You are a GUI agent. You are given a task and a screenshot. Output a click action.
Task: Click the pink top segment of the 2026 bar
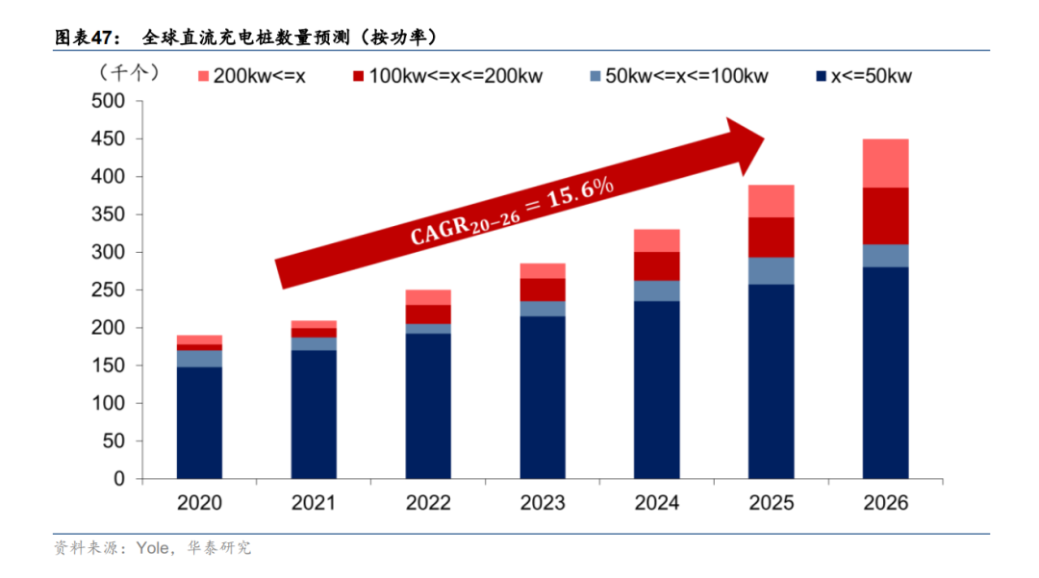pos(885,163)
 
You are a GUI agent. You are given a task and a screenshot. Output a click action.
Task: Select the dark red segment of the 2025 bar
pos(771,237)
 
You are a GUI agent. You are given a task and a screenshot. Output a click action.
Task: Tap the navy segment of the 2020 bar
pos(199,422)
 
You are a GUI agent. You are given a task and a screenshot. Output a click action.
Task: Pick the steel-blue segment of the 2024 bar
pos(656,290)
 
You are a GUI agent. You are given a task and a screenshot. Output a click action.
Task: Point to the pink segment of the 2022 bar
pos(428,297)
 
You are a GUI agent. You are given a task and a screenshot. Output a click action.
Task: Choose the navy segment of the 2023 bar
pos(543,397)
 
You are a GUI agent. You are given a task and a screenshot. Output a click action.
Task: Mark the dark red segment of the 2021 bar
pos(314,333)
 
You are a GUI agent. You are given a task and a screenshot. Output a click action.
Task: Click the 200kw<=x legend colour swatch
pos(203,75)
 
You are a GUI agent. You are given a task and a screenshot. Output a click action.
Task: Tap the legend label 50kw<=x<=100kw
pos(686,76)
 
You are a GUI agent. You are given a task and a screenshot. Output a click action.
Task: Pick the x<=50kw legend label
pos(872,76)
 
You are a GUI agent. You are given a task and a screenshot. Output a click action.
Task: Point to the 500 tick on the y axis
pos(109,102)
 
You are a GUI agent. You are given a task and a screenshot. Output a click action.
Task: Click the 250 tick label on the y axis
pos(109,290)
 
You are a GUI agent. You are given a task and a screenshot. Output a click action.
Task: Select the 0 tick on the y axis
pos(120,479)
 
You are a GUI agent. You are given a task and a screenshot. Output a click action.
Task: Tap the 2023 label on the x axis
pos(543,503)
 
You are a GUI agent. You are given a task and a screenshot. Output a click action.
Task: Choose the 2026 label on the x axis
pos(885,503)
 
